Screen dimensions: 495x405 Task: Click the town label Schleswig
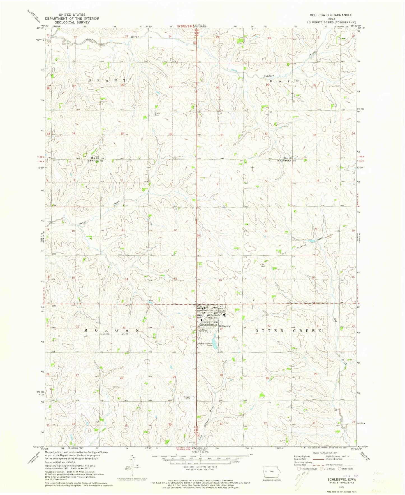(225, 326)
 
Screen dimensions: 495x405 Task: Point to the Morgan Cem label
(187, 397)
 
